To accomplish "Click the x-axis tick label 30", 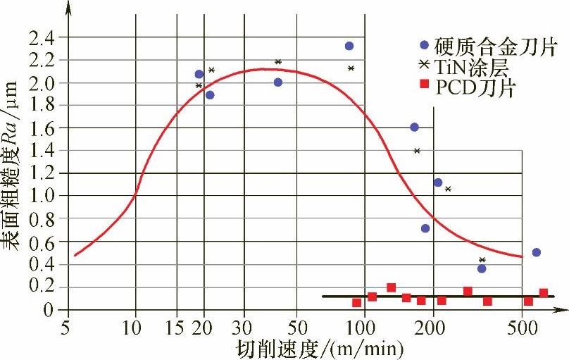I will tap(244, 328).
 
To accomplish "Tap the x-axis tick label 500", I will tap(522, 328).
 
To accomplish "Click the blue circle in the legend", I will tap(424, 45).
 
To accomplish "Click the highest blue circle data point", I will tap(349, 46).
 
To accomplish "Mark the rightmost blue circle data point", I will tap(537, 252).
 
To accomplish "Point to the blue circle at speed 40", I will tap(278, 82).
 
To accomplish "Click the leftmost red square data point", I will tap(357, 303).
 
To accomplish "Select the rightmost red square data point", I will tap(544, 293).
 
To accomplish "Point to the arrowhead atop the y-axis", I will tap(68, 7).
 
